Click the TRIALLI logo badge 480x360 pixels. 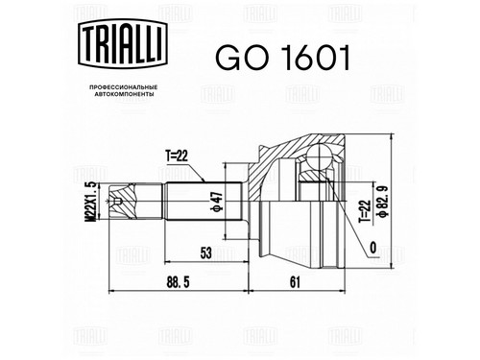(123, 44)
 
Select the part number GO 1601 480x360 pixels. (282, 58)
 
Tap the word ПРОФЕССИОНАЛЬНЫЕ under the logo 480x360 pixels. (123, 87)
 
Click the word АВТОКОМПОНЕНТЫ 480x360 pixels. (123, 94)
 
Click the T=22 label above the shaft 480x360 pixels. (177, 156)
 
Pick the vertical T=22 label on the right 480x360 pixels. (365, 211)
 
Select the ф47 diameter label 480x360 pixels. (217, 202)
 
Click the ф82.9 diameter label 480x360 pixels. (383, 202)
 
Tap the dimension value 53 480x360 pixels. (206, 253)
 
